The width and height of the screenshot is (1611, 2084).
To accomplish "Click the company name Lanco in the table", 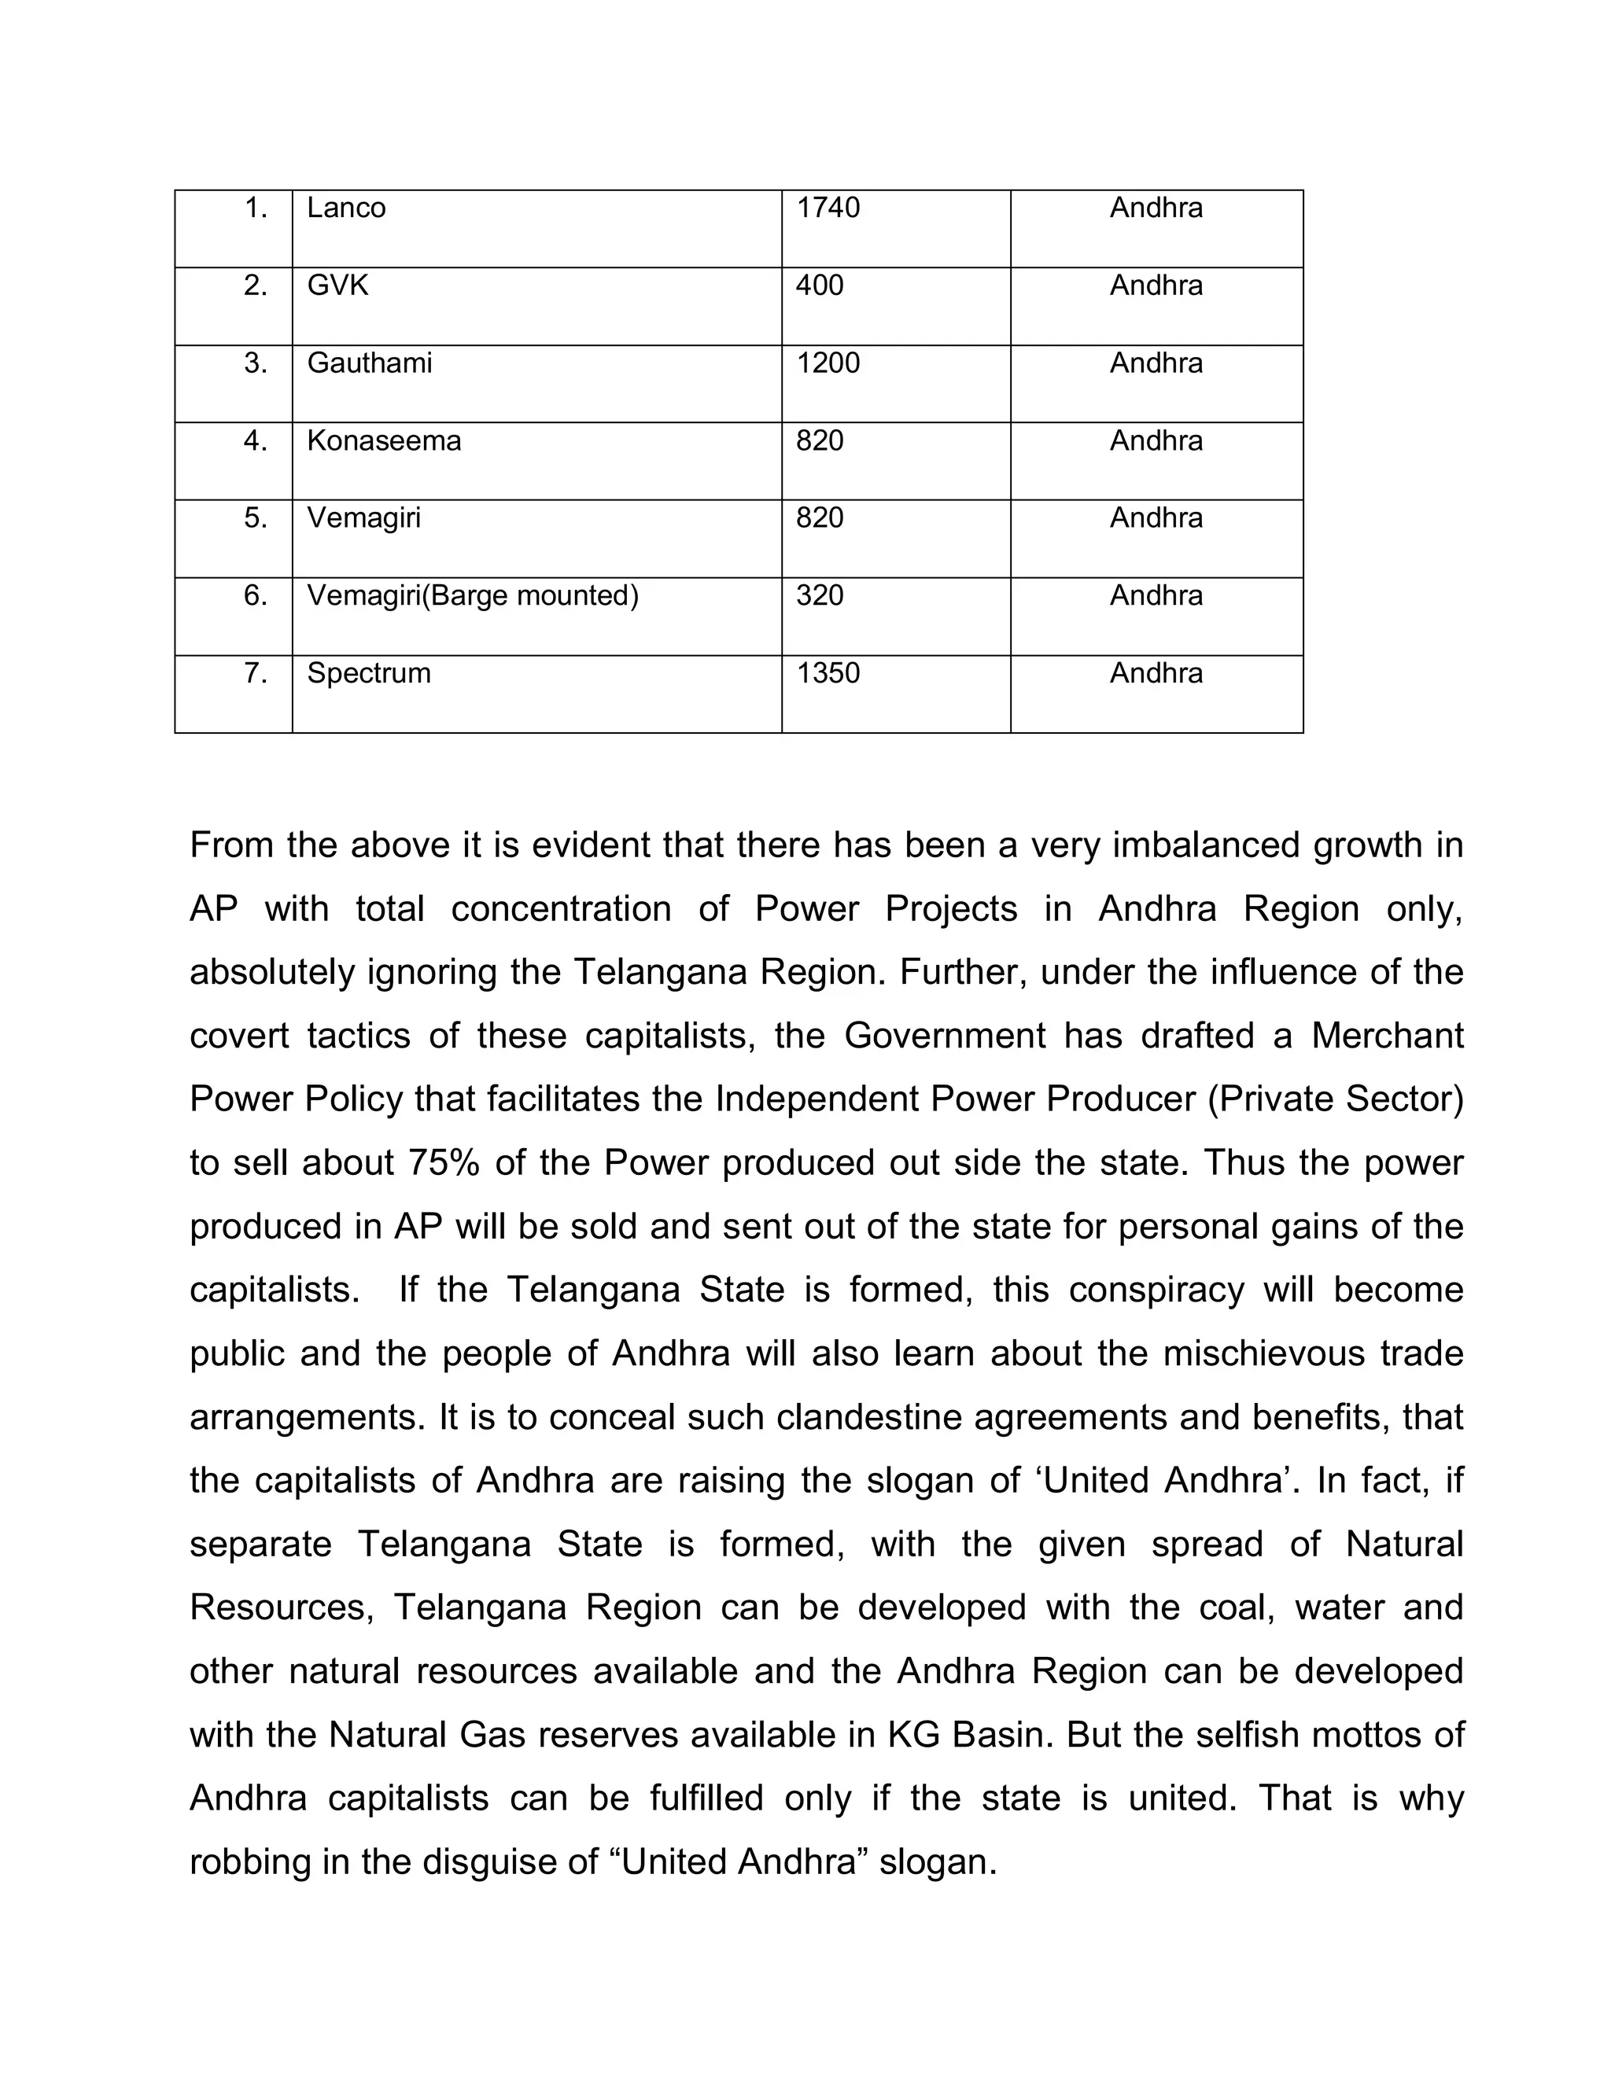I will (x=345, y=208).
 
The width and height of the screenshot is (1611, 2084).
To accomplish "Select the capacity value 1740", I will (x=828, y=208).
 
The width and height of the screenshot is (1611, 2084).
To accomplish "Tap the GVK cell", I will (x=337, y=285).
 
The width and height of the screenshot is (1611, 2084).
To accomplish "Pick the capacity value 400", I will (x=819, y=285).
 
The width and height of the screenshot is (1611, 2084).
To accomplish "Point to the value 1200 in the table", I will (x=828, y=363).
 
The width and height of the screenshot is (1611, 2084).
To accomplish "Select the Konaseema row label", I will (x=384, y=441).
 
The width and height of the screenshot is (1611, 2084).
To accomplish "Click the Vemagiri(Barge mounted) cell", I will (x=473, y=595).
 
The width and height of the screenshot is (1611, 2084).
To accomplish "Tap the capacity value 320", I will (x=819, y=595).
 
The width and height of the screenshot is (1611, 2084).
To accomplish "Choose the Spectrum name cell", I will (x=368, y=674).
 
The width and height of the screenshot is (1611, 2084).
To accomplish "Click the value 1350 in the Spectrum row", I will (x=828, y=674).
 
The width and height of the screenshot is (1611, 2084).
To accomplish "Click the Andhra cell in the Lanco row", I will (x=1156, y=208).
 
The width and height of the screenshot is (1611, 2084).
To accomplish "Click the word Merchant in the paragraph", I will (x=1387, y=1036).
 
